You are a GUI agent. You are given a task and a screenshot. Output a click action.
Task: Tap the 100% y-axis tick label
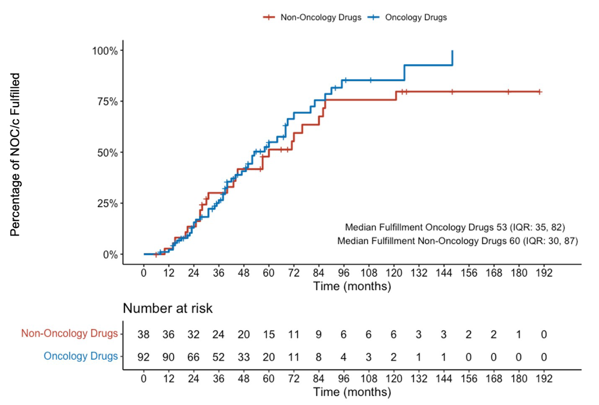(x=105, y=51)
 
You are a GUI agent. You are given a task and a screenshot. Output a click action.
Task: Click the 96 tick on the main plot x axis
(x=343, y=272)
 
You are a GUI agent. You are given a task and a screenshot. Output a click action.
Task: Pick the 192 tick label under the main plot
(x=544, y=272)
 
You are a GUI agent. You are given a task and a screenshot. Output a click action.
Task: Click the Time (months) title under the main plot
(x=352, y=286)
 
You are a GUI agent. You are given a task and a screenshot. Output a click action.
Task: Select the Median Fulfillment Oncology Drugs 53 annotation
(x=455, y=227)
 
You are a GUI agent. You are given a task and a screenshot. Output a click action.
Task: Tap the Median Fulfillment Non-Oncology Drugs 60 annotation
(x=457, y=241)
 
